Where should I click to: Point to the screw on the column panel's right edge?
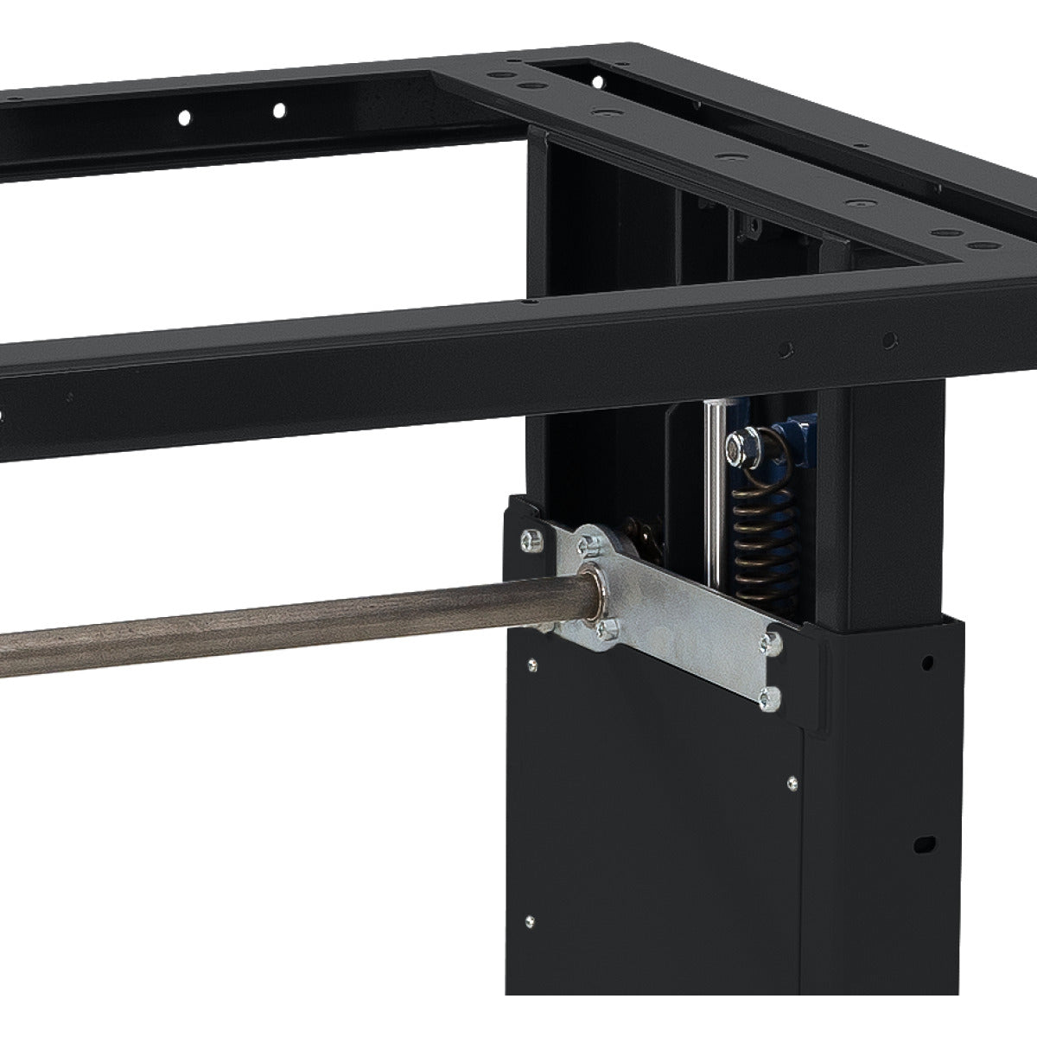click(792, 782)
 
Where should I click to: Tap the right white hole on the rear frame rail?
click(279, 110)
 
